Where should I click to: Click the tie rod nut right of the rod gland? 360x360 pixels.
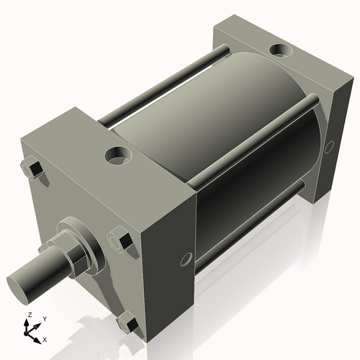pos(119,240)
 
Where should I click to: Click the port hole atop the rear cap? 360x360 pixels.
pos(279,51)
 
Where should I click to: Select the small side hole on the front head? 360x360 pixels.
pos(186,257)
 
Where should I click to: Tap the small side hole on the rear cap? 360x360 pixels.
pos(330,146)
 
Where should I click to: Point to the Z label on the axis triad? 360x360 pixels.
pos(29,315)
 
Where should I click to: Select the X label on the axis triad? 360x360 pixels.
pos(45,338)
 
